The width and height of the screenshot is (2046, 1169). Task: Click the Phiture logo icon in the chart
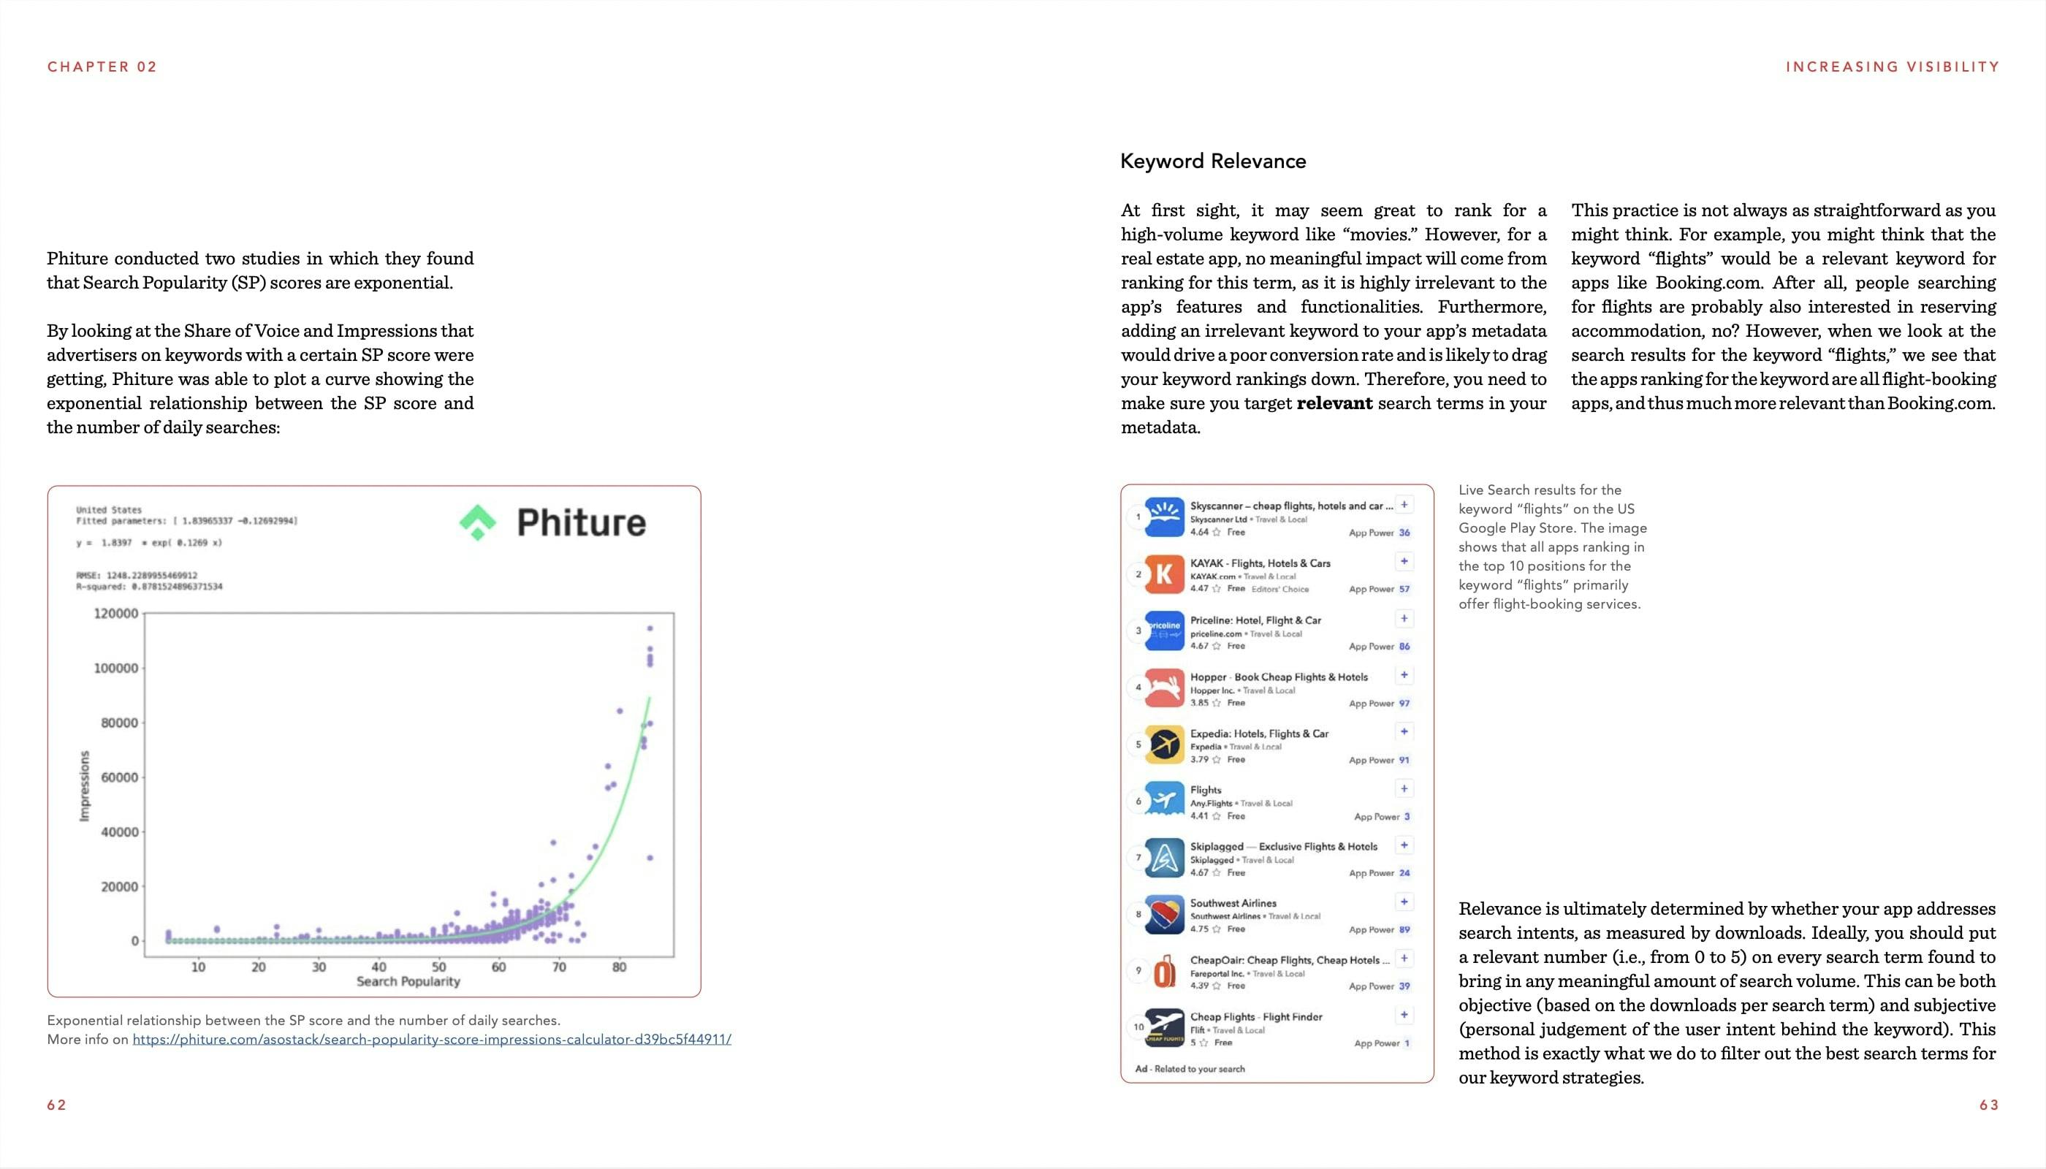[x=478, y=522]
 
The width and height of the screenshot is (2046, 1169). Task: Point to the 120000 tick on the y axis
[x=116, y=614]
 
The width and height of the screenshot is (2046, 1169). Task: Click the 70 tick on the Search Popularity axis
[x=559, y=967]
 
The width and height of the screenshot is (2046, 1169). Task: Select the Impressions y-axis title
[x=84, y=786]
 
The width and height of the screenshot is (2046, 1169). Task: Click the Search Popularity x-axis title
[x=408, y=981]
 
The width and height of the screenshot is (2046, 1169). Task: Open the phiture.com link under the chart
[x=431, y=1039]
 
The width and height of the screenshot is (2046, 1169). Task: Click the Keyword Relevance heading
[x=1212, y=161]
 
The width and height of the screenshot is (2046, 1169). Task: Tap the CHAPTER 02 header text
[x=102, y=66]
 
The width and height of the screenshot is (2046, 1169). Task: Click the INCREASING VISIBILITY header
[x=1892, y=66]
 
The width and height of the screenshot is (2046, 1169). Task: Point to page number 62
[x=56, y=1105]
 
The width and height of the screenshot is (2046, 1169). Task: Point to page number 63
[x=1988, y=1105]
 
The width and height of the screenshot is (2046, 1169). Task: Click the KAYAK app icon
[x=1164, y=574]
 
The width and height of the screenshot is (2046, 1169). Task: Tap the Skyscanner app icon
[x=1164, y=517]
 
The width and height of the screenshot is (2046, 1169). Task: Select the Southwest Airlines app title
[x=1233, y=903]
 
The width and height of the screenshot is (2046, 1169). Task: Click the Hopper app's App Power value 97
[x=1404, y=704]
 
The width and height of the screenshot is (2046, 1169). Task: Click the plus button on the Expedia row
[x=1404, y=731]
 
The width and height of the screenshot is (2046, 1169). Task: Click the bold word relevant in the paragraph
[x=1334, y=403]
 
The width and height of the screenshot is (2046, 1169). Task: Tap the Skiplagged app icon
[x=1164, y=858]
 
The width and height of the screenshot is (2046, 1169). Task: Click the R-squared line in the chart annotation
[x=148, y=587]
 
